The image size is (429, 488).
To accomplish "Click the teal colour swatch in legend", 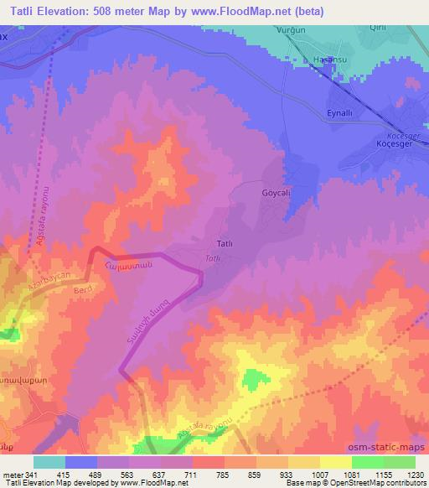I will tap(49, 462).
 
